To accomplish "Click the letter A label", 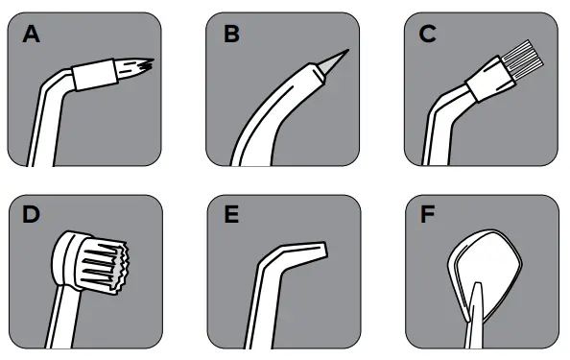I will (x=33, y=36).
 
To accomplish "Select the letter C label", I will (x=428, y=36).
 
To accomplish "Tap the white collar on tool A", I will (x=96, y=75).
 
